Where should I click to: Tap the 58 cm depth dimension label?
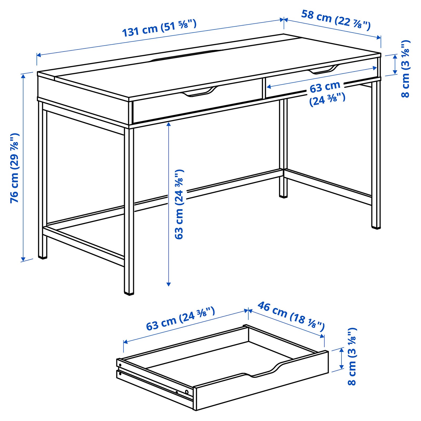click(336, 20)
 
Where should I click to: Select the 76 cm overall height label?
click(15, 168)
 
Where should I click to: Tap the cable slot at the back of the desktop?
click(187, 55)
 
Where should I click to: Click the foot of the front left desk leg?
click(43, 257)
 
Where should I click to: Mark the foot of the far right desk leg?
click(376, 227)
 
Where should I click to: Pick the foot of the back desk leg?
click(283, 196)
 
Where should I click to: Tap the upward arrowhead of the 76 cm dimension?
click(23, 76)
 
